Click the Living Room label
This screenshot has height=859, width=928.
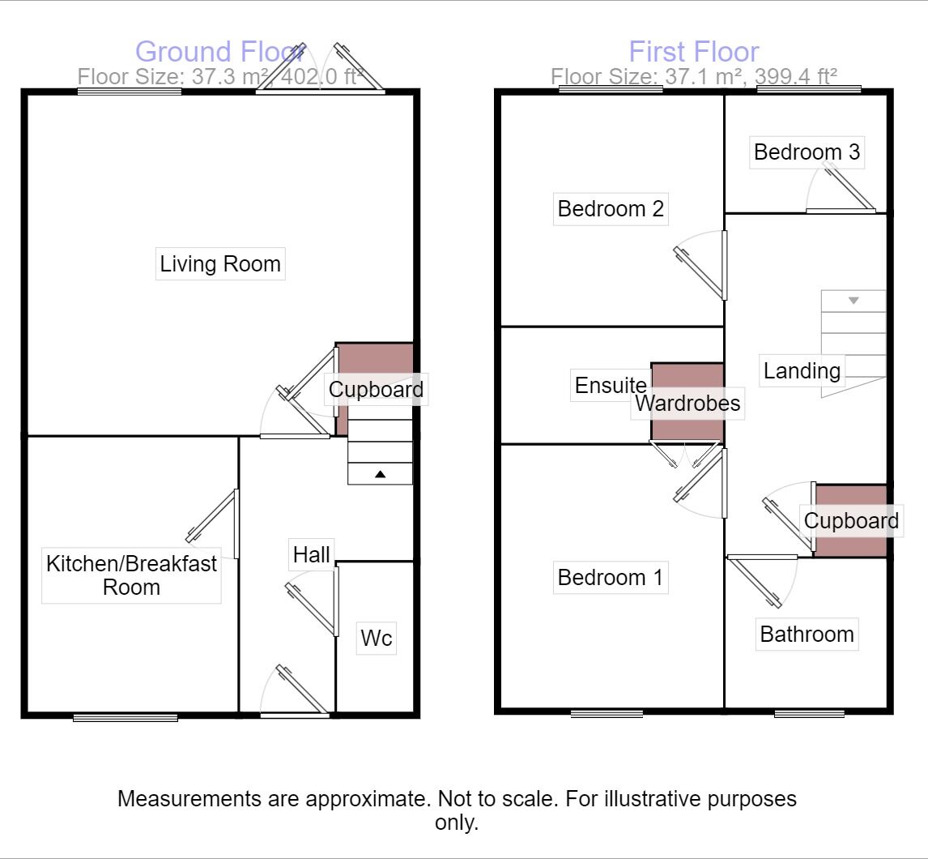pos(220,264)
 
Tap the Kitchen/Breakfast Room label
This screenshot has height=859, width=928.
pos(131,575)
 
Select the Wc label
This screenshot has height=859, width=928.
pos(377,639)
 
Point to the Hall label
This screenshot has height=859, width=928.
pos(312,554)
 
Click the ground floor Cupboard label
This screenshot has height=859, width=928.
pos(376,390)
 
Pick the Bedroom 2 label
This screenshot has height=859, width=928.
pos(611,209)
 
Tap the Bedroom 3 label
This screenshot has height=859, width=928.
pos(807,152)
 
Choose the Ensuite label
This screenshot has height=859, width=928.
pos(611,386)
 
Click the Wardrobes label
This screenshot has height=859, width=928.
pos(687,403)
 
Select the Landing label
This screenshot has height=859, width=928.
pos(802,371)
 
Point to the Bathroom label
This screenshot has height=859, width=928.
pos(807,634)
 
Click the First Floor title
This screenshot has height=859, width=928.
pos(694,52)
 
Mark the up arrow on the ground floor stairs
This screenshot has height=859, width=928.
pos(380,474)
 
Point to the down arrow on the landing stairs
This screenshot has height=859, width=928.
pos(853,301)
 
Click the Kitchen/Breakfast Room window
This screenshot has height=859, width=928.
pos(126,717)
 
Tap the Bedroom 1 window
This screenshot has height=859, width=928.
pos(607,714)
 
